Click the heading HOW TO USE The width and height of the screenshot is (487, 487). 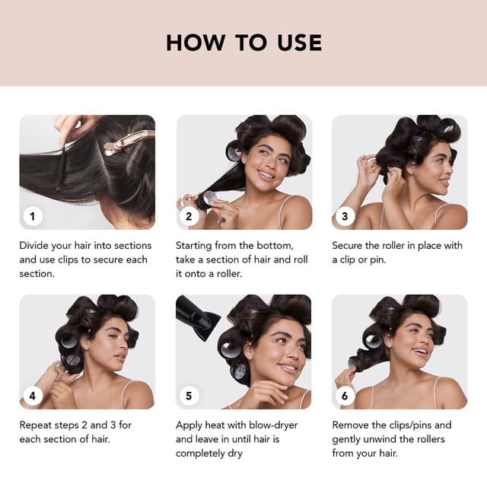pyautogui.click(x=243, y=43)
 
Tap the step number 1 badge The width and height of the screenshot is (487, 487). pyautogui.click(x=33, y=216)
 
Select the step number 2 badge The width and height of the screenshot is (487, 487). pyautogui.click(x=189, y=216)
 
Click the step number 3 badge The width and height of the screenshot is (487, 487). pyautogui.click(x=345, y=216)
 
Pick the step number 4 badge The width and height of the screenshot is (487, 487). pyautogui.click(x=33, y=396)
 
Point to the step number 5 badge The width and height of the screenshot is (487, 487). pyautogui.click(x=189, y=396)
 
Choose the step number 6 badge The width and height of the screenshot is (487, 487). pyautogui.click(x=345, y=396)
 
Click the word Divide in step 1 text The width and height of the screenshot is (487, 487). pyautogui.click(x=37, y=246)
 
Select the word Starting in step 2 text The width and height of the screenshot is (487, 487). pyautogui.click(x=196, y=246)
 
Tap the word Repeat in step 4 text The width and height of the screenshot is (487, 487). pyautogui.click(x=38, y=425)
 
